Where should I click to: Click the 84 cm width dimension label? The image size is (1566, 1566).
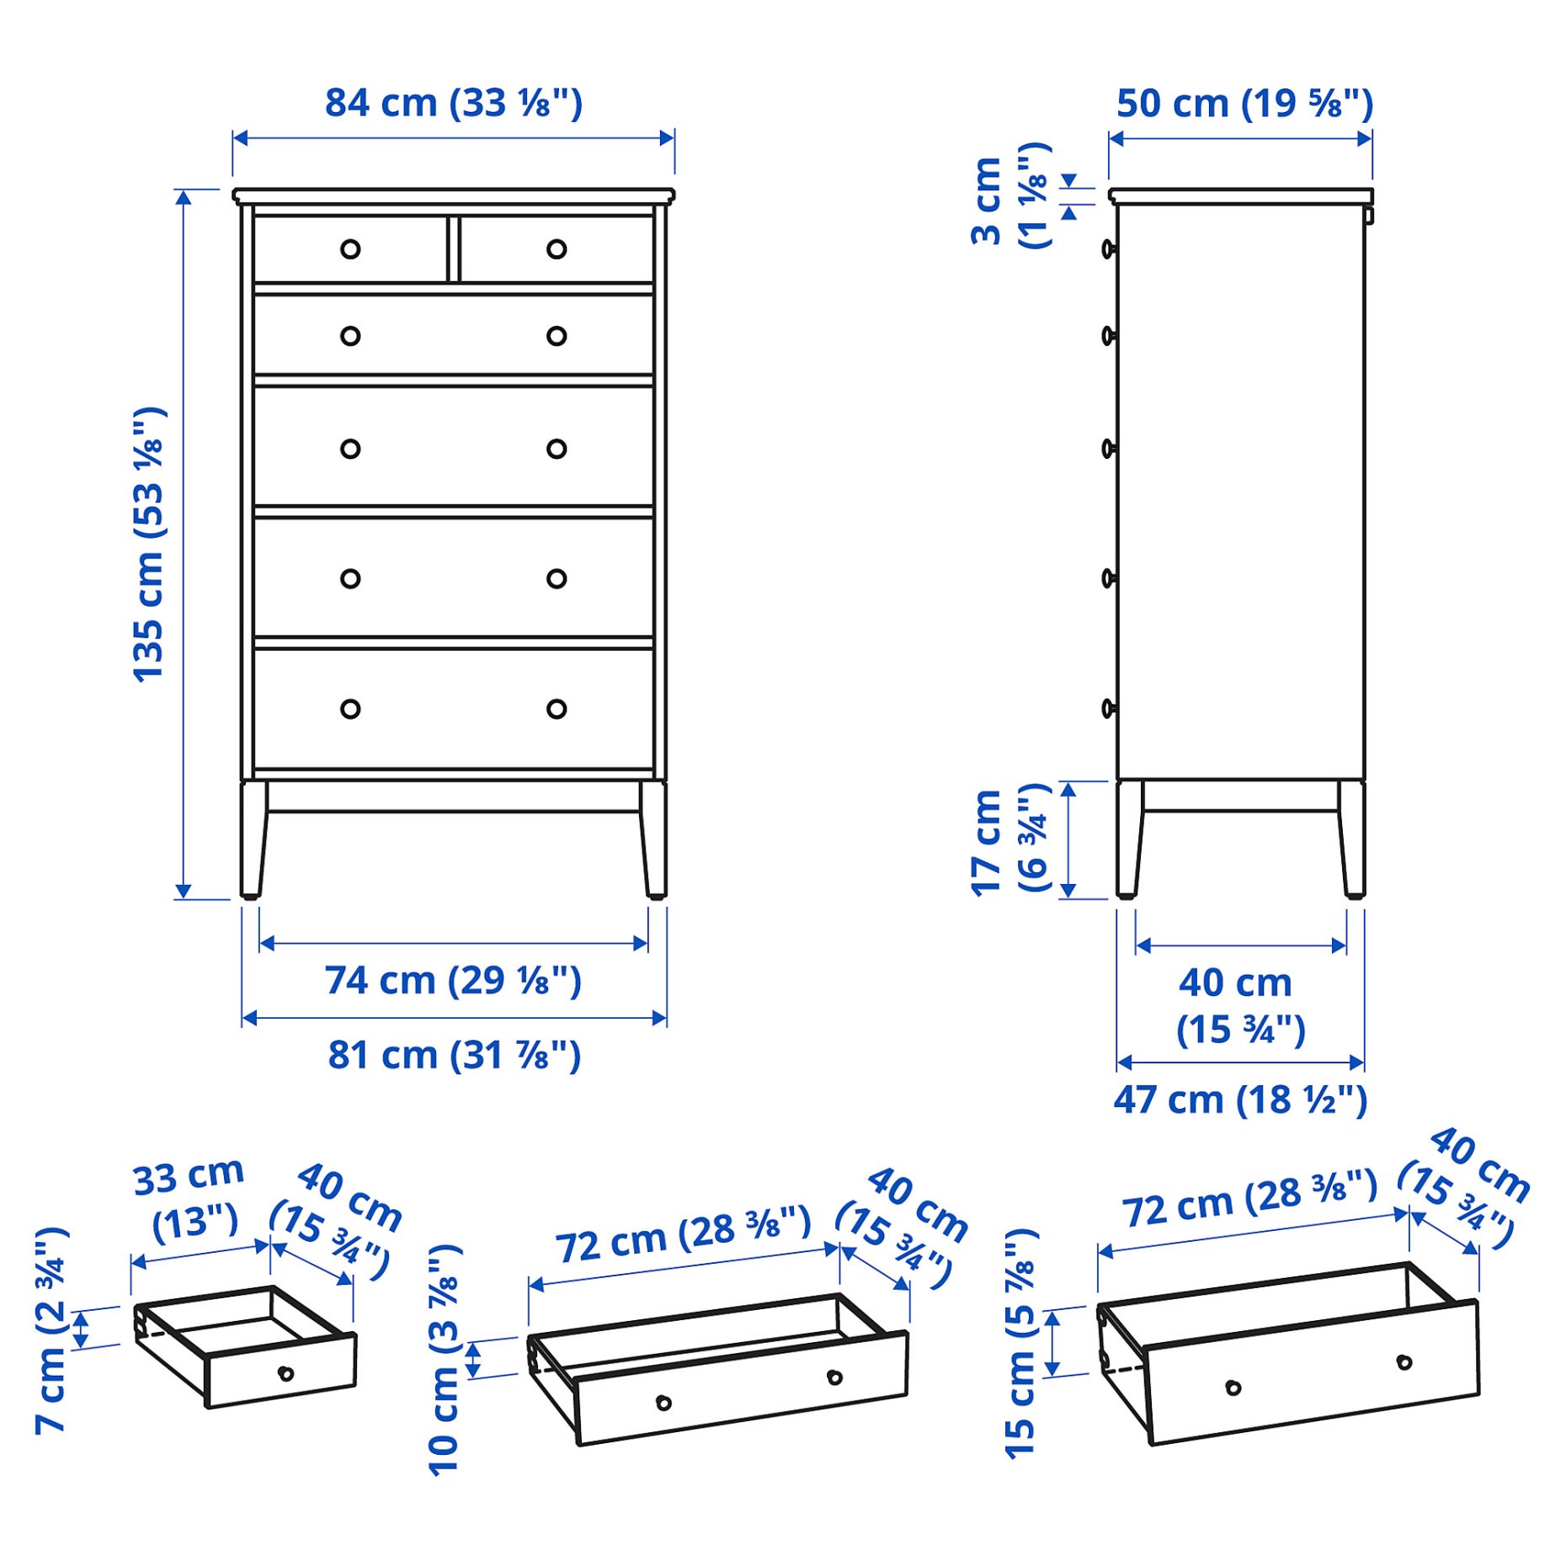(453, 104)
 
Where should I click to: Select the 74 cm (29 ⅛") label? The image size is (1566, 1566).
(453, 981)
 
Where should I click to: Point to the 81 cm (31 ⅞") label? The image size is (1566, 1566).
(453, 1055)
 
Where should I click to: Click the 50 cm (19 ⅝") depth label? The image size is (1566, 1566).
(1244, 104)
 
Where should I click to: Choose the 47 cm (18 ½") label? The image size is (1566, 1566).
(1239, 1100)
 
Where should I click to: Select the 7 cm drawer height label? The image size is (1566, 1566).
(52, 1330)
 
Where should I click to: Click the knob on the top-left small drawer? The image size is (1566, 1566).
(350, 249)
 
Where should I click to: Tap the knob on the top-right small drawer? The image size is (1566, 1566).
(557, 249)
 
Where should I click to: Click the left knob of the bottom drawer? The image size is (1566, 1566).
(350, 709)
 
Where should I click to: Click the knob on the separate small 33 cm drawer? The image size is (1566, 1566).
(285, 1374)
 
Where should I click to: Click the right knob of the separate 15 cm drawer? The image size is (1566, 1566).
(1404, 1362)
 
